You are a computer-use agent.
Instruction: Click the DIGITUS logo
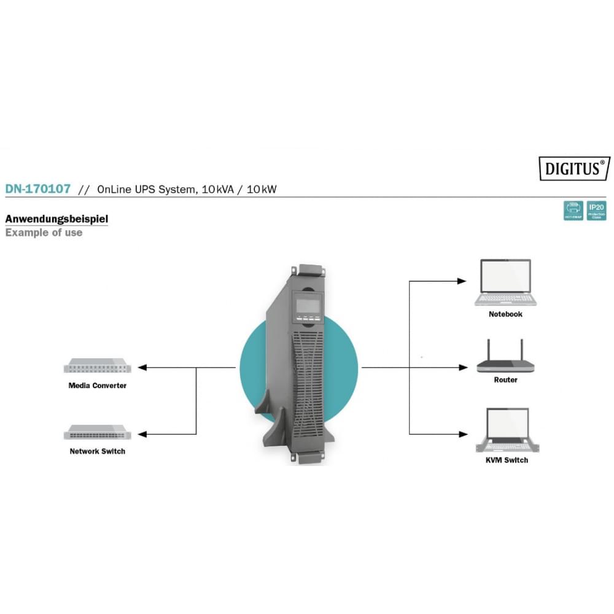(x=575, y=168)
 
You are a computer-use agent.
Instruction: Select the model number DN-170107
(x=38, y=189)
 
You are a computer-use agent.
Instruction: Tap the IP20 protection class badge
(x=596, y=211)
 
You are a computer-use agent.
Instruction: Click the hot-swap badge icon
(x=573, y=211)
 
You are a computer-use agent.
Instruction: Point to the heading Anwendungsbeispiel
(x=56, y=219)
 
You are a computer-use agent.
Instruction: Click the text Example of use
(x=44, y=233)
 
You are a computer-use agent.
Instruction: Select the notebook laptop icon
(x=506, y=282)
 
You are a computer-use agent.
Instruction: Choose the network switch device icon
(x=97, y=433)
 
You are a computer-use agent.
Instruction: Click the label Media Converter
(x=98, y=386)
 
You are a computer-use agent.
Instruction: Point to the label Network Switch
(x=98, y=451)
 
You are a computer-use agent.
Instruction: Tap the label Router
(x=505, y=380)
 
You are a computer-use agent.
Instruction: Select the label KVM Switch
(x=506, y=460)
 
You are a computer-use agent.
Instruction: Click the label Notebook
(x=505, y=314)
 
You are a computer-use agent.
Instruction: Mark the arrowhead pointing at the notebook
(x=462, y=281)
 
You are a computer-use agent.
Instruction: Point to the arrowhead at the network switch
(x=142, y=434)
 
